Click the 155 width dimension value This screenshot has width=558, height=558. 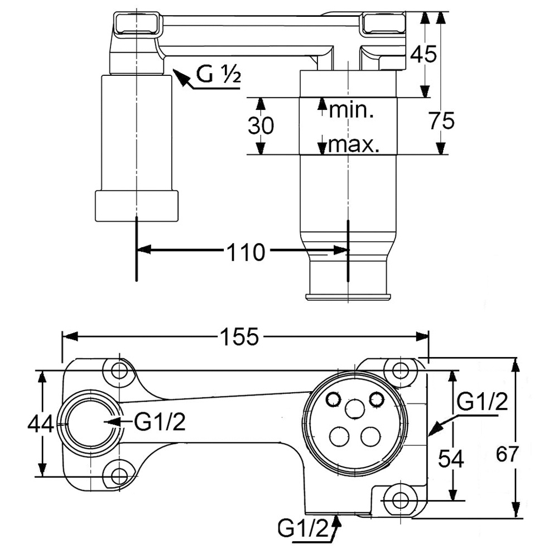[x=239, y=336]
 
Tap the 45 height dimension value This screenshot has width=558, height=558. [x=423, y=54]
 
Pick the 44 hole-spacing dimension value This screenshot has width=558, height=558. [x=40, y=425]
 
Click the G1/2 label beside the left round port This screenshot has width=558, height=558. [x=160, y=422]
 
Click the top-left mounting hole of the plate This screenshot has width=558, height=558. [x=119, y=371]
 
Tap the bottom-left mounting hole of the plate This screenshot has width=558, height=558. [x=119, y=476]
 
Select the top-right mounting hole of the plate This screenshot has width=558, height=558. [x=400, y=370]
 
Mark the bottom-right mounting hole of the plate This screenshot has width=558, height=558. [x=400, y=500]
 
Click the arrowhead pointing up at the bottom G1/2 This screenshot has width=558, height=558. [x=336, y=521]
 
